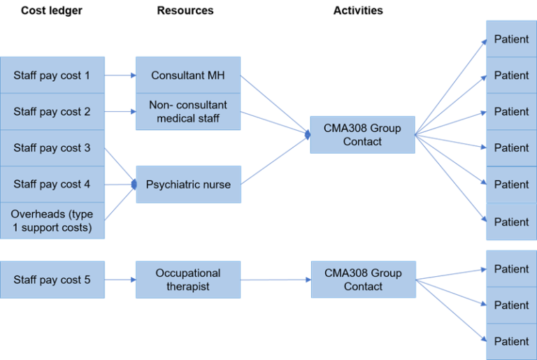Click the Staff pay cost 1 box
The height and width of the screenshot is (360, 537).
(52, 75)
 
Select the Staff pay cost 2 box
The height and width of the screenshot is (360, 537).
(52, 112)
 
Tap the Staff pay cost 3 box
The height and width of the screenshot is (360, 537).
(52, 148)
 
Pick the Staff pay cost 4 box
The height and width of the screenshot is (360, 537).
(52, 185)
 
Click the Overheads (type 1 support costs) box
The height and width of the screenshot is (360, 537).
(52, 221)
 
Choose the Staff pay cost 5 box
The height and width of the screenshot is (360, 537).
(52, 280)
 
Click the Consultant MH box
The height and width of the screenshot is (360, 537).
(188, 75)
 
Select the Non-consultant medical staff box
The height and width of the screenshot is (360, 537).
(188, 112)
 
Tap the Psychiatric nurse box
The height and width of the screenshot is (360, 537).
(188, 185)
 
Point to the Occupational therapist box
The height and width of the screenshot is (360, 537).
(188, 280)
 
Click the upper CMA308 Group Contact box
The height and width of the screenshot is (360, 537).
(362, 135)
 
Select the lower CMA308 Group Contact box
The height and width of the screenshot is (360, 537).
(362, 280)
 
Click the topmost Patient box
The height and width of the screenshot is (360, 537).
(511, 39)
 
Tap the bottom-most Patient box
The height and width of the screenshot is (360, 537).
(511, 341)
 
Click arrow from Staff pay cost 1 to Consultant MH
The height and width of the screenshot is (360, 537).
(120, 75)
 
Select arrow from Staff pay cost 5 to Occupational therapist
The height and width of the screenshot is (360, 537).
(120, 280)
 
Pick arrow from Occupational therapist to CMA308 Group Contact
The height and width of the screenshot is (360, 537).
(275, 280)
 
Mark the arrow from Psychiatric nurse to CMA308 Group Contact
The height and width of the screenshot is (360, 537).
(275, 159)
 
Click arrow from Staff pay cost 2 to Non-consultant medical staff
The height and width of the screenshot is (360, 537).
(120, 112)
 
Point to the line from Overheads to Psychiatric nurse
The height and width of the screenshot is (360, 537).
(119, 203)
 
